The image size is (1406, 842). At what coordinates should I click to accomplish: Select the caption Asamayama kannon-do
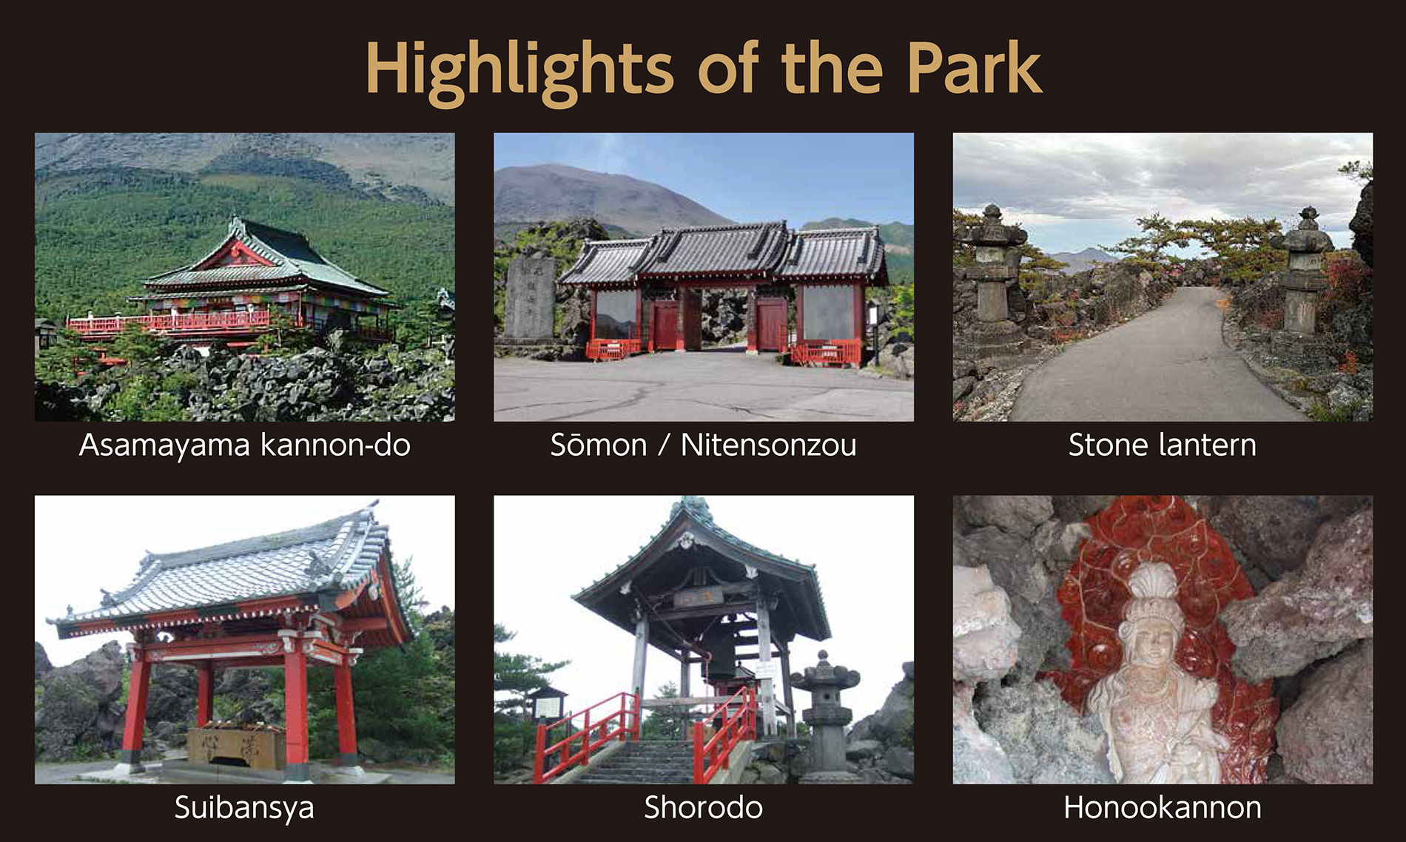coord(245,445)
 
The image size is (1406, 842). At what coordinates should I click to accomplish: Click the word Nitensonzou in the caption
coord(769,445)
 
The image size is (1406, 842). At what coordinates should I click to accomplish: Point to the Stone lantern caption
coord(1163,445)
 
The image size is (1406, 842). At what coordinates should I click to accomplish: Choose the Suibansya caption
coord(244,808)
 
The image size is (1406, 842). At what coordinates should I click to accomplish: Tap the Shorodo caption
coord(703,807)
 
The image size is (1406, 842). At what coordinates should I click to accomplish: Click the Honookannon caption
coord(1163,807)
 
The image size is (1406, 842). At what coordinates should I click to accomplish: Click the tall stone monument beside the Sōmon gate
coord(530,299)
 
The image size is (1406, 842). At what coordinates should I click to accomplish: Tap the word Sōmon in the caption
coord(599,445)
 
